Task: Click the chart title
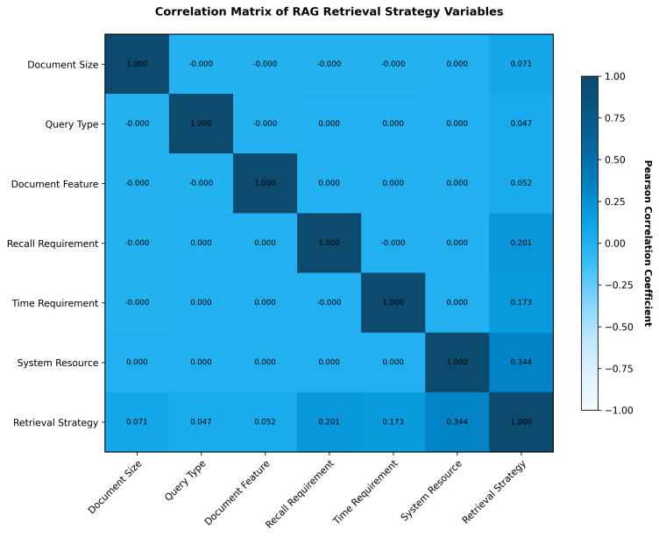coord(329,12)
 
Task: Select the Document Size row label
coord(63,65)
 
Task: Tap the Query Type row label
coord(73,124)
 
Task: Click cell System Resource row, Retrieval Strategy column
coord(521,363)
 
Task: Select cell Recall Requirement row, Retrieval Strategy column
coord(521,244)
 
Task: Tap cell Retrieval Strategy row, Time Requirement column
coord(393,422)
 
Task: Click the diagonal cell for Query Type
coord(202,124)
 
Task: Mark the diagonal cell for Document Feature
coord(266,184)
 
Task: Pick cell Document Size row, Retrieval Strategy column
coord(521,65)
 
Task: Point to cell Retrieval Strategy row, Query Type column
coord(202,422)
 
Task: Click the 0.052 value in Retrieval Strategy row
coord(266,422)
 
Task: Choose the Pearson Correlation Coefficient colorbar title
coord(648,244)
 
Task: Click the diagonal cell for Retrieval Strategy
coord(521,422)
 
